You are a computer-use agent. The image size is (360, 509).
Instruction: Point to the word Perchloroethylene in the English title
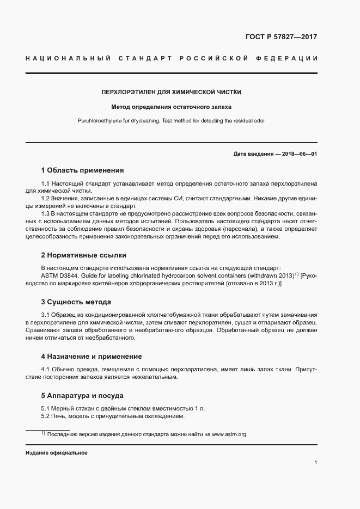point(101,120)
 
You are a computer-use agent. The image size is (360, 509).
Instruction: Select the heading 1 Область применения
point(83,170)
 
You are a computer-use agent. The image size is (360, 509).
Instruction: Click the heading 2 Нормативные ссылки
point(84,255)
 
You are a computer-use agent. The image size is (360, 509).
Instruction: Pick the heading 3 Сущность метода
point(76,302)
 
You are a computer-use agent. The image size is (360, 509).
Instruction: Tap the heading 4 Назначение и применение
point(91,356)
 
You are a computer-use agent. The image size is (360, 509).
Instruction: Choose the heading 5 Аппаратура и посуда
point(82,395)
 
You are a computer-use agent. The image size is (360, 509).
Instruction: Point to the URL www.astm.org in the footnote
point(229,434)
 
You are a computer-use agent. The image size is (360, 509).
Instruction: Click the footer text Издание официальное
point(56,453)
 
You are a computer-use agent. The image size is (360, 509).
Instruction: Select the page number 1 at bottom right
point(316,463)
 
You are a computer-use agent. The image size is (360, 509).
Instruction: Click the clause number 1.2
point(46,198)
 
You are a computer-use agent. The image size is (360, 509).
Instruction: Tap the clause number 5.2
point(46,416)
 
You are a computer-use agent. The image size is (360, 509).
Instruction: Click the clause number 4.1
point(46,370)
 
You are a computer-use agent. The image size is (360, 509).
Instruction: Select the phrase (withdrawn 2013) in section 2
point(271,276)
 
